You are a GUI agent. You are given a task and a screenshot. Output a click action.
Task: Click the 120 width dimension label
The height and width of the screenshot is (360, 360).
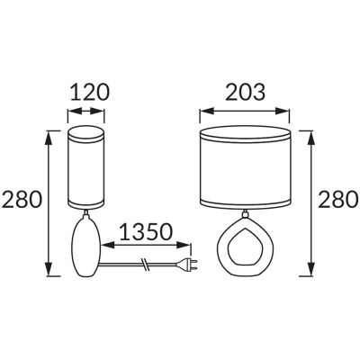tap(90, 92)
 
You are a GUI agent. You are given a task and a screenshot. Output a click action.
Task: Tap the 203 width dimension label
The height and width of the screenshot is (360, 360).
tap(246, 92)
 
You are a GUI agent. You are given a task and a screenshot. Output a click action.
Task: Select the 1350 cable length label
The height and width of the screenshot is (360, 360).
tap(147, 232)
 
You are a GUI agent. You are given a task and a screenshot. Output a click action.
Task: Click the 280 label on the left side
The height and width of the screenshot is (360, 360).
tap(22, 200)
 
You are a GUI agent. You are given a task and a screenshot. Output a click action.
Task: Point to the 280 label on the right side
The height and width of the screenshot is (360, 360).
tap(337, 200)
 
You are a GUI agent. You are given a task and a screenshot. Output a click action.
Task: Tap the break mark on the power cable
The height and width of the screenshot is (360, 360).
tap(146, 264)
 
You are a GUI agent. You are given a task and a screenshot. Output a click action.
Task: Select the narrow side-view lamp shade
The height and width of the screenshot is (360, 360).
tap(86, 167)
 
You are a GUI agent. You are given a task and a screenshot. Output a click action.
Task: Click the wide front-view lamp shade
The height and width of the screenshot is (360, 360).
tap(246, 167)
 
